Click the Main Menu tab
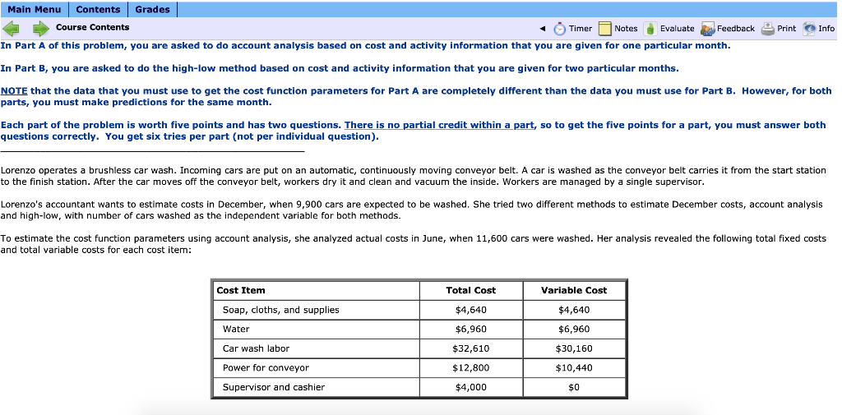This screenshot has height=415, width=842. (35, 9)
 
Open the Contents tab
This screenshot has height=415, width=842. (98, 9)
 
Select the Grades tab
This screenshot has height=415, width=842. (152, 9)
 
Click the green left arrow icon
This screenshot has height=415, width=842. (12, 28)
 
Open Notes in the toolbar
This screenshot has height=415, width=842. (618, 28)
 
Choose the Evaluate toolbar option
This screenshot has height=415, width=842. (669, 28)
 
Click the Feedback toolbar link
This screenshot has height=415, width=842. (727, 28)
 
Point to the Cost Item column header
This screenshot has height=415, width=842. (241, 290)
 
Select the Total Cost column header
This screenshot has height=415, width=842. (470, 290)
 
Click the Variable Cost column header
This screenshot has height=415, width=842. (574, 290)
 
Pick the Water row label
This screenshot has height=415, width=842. (236, 329)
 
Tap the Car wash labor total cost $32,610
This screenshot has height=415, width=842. (470, 348)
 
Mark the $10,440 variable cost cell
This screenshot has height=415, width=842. (574, 367)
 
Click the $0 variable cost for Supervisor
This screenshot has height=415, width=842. (574, 387)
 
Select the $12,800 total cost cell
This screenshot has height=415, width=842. (470, 367)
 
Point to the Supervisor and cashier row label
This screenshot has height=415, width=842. (273, 387)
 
